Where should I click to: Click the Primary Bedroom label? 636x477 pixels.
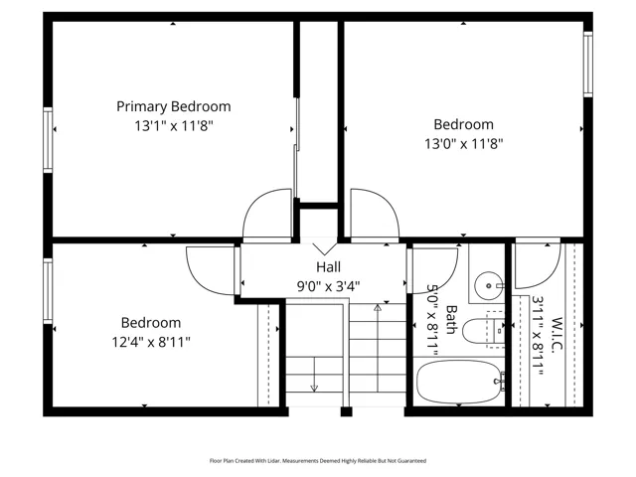174,106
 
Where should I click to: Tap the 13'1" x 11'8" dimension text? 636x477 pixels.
174,126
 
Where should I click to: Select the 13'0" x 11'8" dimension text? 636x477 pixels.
464,143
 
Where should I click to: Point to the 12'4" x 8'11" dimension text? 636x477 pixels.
151,342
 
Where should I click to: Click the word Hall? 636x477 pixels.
329,267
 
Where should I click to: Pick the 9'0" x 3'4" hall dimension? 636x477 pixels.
329,286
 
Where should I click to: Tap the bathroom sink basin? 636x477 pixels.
488,285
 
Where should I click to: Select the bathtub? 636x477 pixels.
459,382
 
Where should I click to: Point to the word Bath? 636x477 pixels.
450,320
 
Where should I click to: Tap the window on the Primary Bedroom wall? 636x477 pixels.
48,140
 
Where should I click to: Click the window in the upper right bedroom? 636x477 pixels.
587,64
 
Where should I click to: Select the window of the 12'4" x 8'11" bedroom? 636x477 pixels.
48,291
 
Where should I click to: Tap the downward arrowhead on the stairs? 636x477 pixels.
314,389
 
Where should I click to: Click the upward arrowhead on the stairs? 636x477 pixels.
378,307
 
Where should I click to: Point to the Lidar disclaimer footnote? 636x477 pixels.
318,461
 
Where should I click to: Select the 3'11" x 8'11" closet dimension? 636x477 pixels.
539,336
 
